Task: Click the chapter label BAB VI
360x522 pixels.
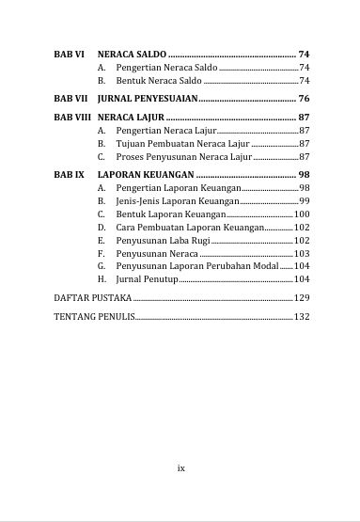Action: tap(69, 55)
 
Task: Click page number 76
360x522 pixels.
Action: tap(304, 98)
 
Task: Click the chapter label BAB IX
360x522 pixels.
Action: tap(69, 175)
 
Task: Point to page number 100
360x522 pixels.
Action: tap(302, 214)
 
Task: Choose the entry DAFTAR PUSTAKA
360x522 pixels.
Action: tap(93, 297)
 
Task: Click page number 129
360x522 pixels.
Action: tap(302, 297)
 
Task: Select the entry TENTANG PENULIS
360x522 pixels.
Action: tap(94, 316)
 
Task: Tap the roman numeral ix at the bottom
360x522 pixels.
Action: tap(181, 467)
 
